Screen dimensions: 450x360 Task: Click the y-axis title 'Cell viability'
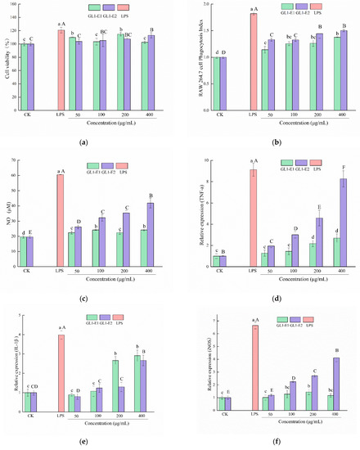[x=6, y=53]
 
